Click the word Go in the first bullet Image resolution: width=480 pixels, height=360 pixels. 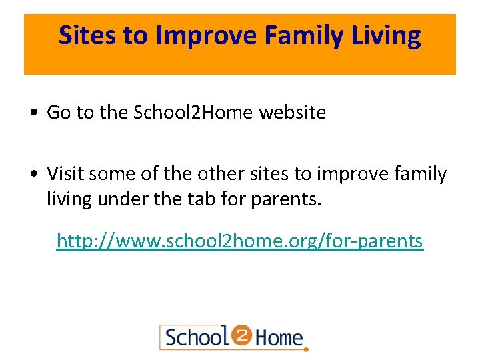[x=59, y=113]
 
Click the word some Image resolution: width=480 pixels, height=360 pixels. [x=110, y=174]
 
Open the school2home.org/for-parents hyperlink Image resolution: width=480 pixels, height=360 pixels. [x=239, y=240]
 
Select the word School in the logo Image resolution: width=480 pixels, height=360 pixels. [x=195, y=337]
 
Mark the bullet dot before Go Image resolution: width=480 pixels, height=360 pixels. [x=33, y=113]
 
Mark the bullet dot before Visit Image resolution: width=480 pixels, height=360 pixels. [x=33, y=175]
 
